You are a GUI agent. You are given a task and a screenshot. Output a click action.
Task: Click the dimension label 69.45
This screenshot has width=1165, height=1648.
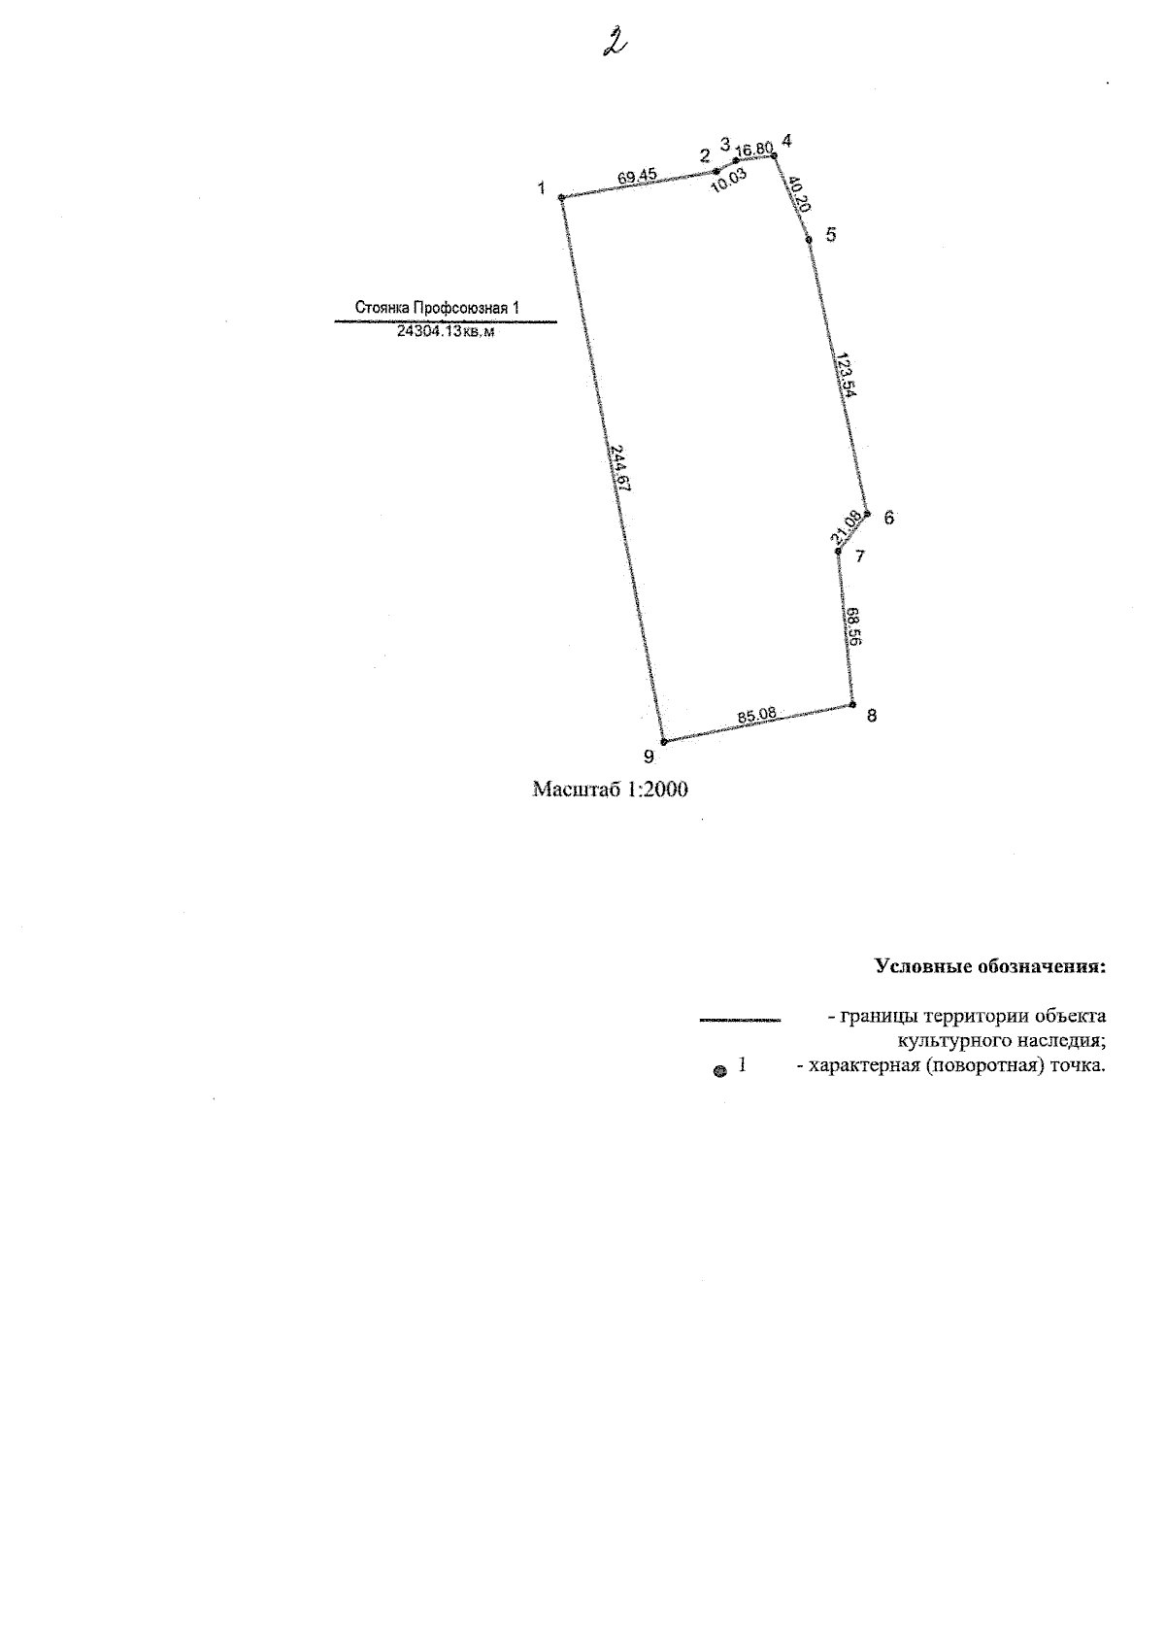tap(637, 176)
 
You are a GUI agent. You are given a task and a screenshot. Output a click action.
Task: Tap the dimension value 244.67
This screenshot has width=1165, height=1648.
tap(620, 467)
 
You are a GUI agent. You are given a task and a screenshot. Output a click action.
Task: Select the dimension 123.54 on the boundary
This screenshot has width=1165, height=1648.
tap(846, 375)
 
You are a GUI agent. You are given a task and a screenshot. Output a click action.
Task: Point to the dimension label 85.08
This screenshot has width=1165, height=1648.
tap(756, 714)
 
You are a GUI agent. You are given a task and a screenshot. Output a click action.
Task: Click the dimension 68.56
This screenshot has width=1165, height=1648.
tap(853, 626)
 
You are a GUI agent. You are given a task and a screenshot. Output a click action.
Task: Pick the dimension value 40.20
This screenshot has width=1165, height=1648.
tap(799, 193)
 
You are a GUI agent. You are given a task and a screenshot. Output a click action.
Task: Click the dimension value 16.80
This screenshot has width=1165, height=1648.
tap(754, 150)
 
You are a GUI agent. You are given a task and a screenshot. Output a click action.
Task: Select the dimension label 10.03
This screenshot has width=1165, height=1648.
tap(729, 180)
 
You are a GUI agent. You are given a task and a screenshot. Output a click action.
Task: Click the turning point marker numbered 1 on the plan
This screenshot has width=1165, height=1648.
tap(561, 197)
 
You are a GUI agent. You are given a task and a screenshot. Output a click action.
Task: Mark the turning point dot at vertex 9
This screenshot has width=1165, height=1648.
tap(663, 742)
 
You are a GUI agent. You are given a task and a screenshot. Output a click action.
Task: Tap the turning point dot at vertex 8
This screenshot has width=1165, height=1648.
tap(852, 704)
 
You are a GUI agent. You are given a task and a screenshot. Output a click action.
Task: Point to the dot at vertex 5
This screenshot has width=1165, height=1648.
tap(809, 239)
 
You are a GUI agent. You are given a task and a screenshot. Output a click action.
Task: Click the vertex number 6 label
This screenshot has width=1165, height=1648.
tap(888, 518)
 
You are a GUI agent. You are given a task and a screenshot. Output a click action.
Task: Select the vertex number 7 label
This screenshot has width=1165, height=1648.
tap(860, 556)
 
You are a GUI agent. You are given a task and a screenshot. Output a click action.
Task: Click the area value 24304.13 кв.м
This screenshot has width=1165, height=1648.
tap(446, 331)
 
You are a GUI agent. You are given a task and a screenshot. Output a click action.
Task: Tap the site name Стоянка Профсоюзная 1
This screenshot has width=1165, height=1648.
tap(437, 308)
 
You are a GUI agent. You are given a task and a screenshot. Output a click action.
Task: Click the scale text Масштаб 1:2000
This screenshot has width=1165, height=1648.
tap(610, 790)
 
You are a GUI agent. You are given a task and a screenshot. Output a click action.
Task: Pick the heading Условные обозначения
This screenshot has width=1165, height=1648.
tap(990, 966)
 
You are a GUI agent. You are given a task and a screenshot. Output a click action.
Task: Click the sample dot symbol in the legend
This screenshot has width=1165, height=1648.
tap(720, 1072)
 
